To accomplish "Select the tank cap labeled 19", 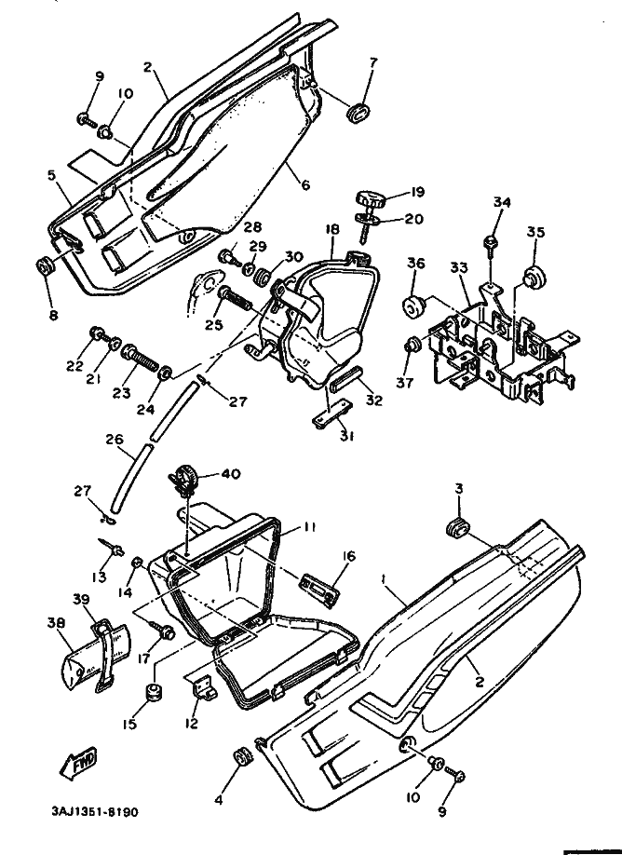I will click(369, 198).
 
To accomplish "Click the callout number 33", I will click(458, 266).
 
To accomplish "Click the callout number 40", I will click(231, 473).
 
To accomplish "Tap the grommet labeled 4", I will click(240, 754).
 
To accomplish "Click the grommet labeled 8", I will click(43, 267).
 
